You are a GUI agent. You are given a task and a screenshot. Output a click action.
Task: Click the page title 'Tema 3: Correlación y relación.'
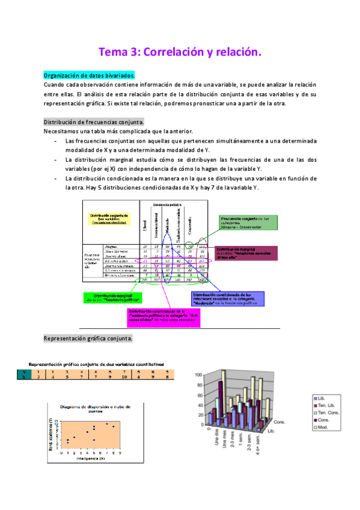180,53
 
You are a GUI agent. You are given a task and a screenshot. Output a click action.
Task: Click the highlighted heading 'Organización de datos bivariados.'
90,76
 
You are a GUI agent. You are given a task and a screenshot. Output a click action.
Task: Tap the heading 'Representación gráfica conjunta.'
88,339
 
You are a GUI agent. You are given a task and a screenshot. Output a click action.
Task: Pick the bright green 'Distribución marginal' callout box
113,297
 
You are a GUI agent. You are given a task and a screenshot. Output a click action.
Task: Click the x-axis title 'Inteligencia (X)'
92,458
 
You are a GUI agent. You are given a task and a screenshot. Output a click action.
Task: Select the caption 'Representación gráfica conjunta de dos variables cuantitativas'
97,364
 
